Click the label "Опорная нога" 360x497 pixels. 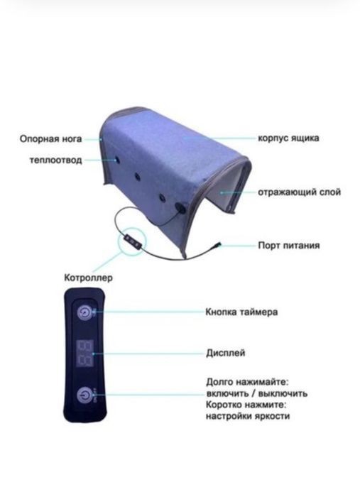tap(50, 139)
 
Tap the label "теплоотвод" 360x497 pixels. tap(56, 160)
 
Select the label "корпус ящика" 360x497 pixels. tap(288, 138)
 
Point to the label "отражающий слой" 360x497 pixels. tap(299, 192)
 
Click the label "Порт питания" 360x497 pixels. tap(289, 245)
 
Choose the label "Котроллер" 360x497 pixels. tap(89, 278)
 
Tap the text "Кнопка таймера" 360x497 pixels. tap(241, 312)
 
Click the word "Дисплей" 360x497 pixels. tap(226, 353)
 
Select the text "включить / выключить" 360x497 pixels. tap(257, 393)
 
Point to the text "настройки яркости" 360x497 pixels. tap(248, 415)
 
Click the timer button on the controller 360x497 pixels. tap(84, 312)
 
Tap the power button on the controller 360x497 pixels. tap(84, 395)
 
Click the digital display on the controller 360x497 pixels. tap(84, 354)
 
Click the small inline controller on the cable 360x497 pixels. tap(132, 239)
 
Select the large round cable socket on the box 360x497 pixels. tap(182, 209)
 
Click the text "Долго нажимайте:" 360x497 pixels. tap(248, 382)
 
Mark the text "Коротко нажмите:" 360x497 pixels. tap(246, 405)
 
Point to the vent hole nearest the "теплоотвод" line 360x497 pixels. tap(117, 160)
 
